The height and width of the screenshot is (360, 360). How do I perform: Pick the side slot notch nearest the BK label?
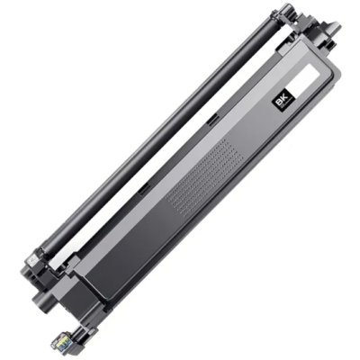point(212,120)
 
